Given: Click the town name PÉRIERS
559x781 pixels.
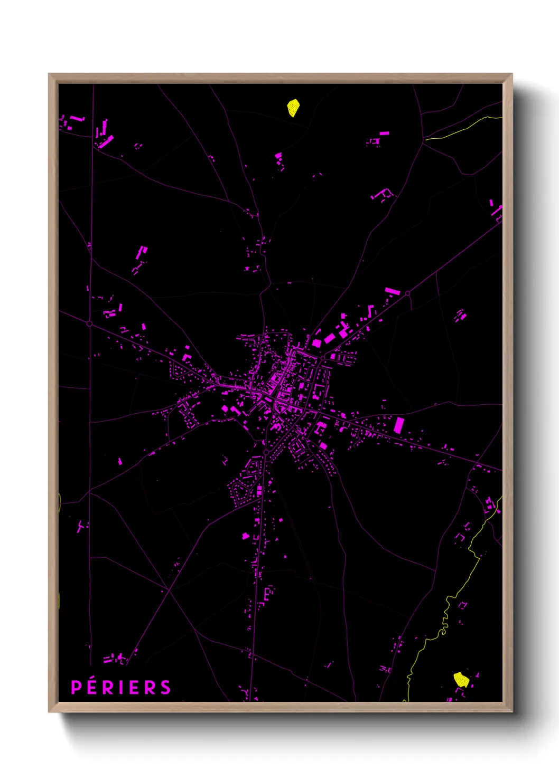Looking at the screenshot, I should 121,687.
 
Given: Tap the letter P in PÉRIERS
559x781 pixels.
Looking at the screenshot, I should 76,687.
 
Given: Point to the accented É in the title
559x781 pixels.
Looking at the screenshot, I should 91,687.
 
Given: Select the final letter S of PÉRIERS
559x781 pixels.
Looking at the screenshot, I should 166,687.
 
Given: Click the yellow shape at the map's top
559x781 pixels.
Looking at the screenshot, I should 293,108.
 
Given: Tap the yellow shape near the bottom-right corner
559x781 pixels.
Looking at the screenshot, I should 461,679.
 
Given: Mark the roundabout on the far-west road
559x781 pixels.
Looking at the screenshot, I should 89,323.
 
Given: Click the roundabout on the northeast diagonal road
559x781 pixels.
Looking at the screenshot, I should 407,293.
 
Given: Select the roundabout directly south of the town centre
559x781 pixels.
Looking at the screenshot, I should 266,453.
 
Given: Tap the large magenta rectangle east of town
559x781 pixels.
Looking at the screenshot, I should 399,424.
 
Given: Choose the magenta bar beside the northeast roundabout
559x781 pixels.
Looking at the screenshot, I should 392,291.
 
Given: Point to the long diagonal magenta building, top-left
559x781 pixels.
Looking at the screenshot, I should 106,142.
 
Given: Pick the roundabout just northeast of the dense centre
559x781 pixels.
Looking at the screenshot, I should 323,357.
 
